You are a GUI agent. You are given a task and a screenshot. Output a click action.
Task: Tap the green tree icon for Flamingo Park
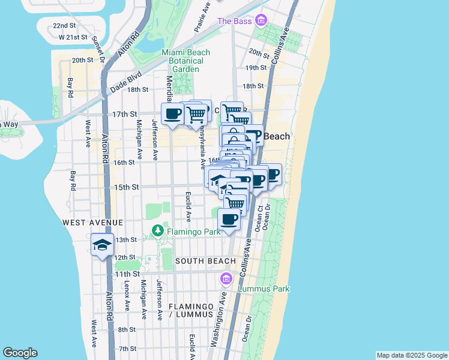coord(157,229)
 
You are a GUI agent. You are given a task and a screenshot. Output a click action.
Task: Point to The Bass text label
coord(233,22)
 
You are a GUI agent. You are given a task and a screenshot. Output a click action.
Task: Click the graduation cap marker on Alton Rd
coord(102,245)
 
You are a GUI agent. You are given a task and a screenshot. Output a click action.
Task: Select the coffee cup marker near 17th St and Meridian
coord(173,113)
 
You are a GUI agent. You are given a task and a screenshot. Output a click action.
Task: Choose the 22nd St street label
coord(64,26)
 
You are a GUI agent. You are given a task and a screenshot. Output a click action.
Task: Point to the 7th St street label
coord(127,349)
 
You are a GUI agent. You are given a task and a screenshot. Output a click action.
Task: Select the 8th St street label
coord(127,329)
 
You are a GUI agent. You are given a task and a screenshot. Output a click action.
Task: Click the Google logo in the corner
coord(20,353)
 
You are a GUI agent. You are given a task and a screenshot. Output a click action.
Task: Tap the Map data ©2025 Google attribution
coord(412,355)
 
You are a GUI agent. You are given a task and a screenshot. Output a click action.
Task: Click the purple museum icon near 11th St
coord(226,278)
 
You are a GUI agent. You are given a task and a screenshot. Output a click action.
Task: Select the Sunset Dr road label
coord(99,50)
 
